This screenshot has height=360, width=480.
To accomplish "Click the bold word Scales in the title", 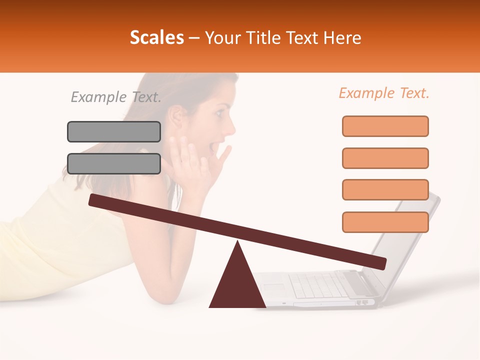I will pyautogui.click(x=156, y=38).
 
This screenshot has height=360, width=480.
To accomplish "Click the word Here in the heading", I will pyautogui.click(x=342, y=38).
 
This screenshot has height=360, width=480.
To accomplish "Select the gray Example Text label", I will pyautogui.click(x=116, y=97).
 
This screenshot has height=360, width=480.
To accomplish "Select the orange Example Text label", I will pyautogui.click(x=384, y=93).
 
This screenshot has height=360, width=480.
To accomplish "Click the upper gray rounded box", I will pyautogui.click(x=114, y=131).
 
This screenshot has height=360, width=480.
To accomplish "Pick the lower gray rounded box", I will pyautogui.click(x=114, y=163).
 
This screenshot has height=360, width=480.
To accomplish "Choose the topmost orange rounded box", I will pyautogui.click(x=385, y=126).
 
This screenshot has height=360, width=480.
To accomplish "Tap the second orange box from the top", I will pyautogui.click(x=385, y=158).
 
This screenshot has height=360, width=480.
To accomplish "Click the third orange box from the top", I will pyautogui.click(x=385, y=189).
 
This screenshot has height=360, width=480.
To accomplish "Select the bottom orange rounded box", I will pyautogui.click(x=385, y=222).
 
